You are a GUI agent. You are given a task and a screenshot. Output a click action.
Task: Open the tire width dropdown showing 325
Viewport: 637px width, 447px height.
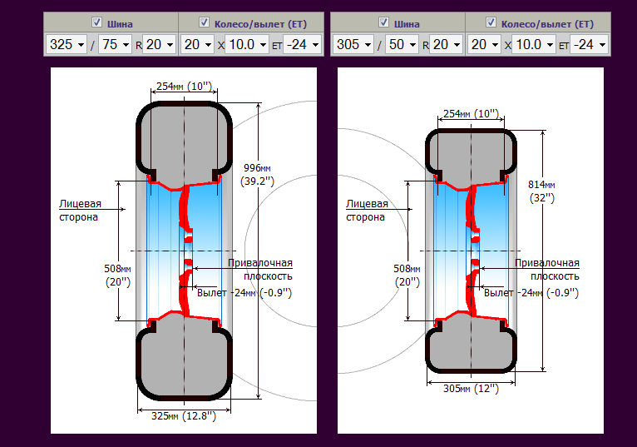point(67,44)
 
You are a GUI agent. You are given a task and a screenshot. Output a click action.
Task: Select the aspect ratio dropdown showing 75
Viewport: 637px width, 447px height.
point(115,44)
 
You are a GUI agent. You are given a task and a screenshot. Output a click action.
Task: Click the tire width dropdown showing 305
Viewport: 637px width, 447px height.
point(353,44)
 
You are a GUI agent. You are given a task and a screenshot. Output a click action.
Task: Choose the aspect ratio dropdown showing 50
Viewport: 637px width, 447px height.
point(402,44)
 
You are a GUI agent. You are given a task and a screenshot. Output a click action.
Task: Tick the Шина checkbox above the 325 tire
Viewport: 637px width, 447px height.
point(96,22)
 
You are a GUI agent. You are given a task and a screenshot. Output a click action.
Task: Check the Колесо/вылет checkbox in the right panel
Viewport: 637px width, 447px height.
point(491,22)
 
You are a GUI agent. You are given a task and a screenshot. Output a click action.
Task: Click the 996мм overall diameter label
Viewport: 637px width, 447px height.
point(257,175)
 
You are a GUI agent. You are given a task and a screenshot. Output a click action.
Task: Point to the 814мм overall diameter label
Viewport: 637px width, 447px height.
point(542,191)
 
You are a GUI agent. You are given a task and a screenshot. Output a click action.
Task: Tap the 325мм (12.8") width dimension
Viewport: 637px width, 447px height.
point(184,416)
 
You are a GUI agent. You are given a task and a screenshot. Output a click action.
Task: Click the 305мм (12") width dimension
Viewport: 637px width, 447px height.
point(471,389)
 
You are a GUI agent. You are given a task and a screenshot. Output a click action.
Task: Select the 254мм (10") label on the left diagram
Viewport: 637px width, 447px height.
point(184,87)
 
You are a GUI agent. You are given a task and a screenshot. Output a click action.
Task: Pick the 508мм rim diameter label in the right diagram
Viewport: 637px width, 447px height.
point(407,276)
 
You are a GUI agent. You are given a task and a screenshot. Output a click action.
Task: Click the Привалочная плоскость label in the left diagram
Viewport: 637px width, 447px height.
point(260,269)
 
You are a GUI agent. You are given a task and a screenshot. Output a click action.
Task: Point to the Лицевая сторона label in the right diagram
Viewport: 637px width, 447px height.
point(367,211)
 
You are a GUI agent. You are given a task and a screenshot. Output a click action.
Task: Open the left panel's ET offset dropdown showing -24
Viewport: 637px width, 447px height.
point(302,44)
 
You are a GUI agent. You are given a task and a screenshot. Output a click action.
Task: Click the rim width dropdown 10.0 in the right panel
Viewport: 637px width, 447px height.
point(533,44)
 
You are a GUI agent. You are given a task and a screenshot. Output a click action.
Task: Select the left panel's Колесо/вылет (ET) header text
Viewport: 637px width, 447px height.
point(260,24)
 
